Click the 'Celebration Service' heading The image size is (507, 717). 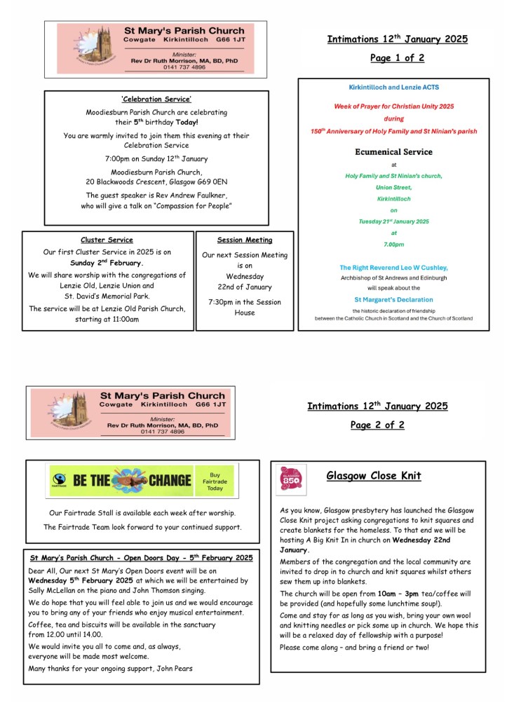point(156,100)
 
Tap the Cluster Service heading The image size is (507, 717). point(107,240)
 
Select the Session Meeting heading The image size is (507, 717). point(245,240)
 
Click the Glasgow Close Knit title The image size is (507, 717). point(374,476)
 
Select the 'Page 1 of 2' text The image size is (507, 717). point(397,58)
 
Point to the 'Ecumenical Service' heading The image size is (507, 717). point(393,151)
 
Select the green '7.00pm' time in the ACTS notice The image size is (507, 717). point(393,244)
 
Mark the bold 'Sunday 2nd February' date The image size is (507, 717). point(107,263)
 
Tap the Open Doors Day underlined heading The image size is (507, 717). point(141,558)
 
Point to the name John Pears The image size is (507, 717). point(169,668)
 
